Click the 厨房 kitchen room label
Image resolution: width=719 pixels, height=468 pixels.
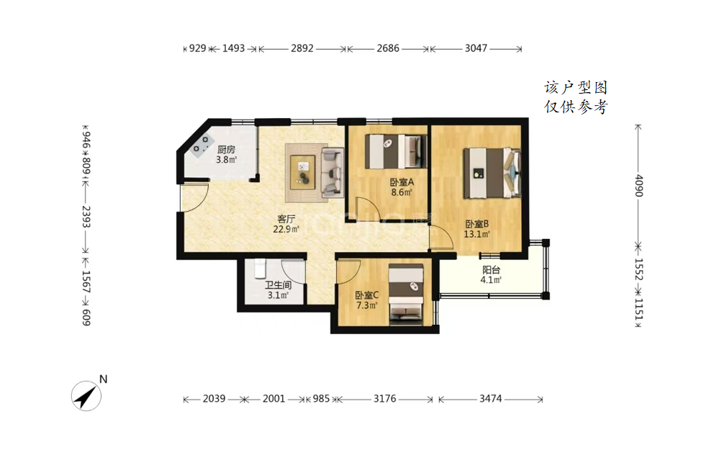tap(226, 150)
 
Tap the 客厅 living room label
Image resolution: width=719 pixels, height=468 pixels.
tap(286, 220)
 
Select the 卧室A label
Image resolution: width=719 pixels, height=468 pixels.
tap(402, 182)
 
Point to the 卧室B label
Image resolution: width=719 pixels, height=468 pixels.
tap(477, 224)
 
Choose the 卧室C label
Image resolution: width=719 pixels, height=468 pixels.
tap(367, 295)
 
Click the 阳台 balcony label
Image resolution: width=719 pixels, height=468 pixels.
tap(491, 270)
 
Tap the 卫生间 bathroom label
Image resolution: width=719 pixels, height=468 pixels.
tap(278, 285)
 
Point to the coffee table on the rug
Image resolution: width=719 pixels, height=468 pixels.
tap(302, 172)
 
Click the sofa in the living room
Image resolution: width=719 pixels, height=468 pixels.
tap(332, 172)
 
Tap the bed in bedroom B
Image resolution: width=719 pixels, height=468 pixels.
tap(492, 173)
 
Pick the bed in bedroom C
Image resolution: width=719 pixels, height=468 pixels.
tap(406, 294)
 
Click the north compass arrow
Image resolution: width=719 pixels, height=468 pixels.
tap(86, 396)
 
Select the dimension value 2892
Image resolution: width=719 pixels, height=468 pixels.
tap(302, 48)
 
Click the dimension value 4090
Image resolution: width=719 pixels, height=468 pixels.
tap(639, 185)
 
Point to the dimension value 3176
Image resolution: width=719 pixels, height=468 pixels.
tap(384, 399)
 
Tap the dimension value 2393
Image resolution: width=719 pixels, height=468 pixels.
tap(86, 217)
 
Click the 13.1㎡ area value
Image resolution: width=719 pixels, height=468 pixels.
tap(477, 235)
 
